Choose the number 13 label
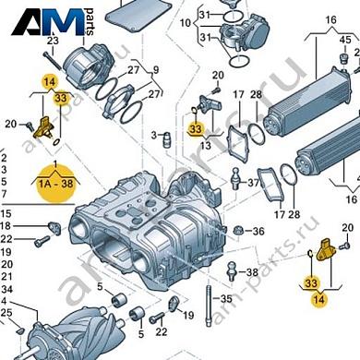tap(205, 146)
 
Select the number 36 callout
tap(258, 232)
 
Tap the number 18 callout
tap(6, 226)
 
